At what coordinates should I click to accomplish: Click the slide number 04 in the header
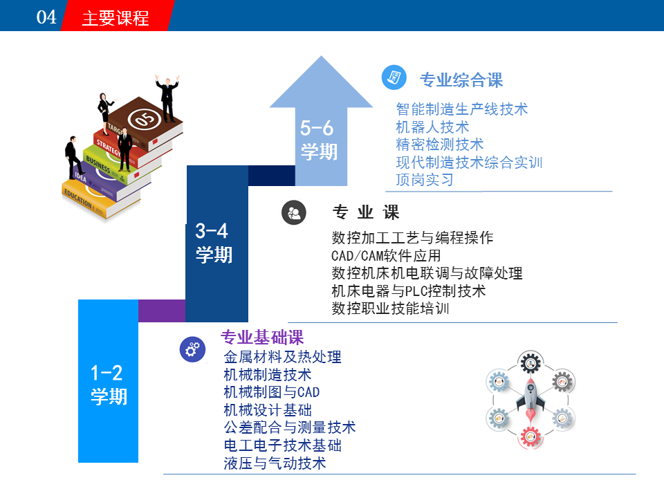(x=46, y=17)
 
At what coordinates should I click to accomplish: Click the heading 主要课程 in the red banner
(x=116, y=18)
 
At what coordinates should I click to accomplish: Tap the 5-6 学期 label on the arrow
(x=318, y=140)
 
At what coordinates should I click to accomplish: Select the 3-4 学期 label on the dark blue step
(x=214, y=243)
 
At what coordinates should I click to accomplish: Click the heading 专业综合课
(x=461, y=80)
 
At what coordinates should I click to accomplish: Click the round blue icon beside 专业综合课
(x=394, y=77)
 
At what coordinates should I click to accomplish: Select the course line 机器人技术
(x=432, y=127)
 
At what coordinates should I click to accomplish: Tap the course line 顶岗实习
(x=425, y=180)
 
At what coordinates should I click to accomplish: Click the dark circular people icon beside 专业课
(x=294, y=212)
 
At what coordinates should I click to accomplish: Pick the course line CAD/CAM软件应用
(x=386, y=256)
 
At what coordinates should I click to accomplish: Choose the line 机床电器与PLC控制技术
(x=408, y=291)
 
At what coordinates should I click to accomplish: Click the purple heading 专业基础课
(x=262, y=337)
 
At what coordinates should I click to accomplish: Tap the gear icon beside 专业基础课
(x=193, y=349)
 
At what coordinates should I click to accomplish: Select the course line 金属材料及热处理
(x=282, y=357)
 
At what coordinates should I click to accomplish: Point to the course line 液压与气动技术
(x=275, y=463)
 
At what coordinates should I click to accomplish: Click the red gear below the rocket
(x=531, y=437)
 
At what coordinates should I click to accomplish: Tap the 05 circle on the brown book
(x=145, y=119)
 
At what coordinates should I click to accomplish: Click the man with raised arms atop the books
(x=167, y=98)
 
